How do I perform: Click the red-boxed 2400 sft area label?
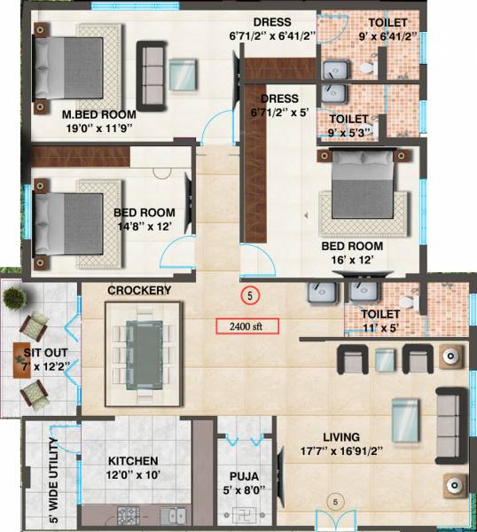click(x=247, y=325)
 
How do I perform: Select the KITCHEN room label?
click(x=133, y=461)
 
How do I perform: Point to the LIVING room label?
click(x=340, y=437)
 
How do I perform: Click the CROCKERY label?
click(x=139, y=291)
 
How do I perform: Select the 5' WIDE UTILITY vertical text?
click(x=54, y=481)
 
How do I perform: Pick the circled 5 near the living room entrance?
click(x=335, y=502)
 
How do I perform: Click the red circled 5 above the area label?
click(x=251, y=294)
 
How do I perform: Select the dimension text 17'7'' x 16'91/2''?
click(x=341, y=450)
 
